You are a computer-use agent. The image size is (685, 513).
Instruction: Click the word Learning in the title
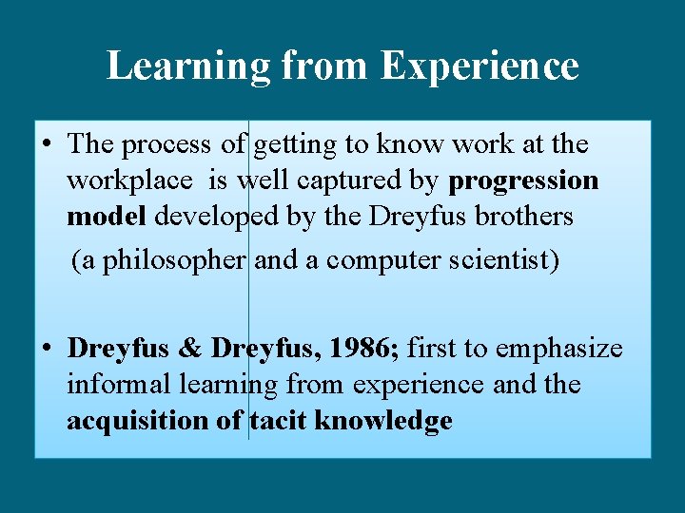coord(188,66)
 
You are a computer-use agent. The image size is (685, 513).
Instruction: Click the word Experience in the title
coord(479,66)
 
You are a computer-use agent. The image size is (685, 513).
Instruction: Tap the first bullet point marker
coord(47,145)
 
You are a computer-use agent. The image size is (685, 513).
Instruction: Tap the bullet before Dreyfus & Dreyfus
coord(47,350)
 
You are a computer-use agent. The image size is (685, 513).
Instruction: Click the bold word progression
coord(524,180)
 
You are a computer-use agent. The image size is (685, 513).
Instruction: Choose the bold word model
coord(106,217)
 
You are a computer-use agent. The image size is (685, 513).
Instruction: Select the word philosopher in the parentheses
coord(173,260)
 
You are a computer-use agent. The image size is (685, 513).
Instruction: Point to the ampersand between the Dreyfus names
coord(190,349)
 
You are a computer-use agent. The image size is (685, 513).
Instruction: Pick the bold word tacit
coord(278,421)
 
